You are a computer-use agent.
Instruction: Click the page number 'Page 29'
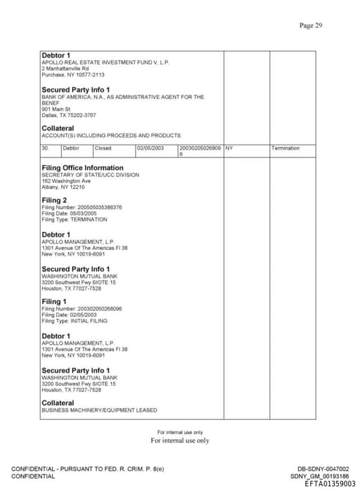(x=310, y=26)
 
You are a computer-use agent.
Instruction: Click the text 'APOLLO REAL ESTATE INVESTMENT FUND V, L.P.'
(x=105, y=63)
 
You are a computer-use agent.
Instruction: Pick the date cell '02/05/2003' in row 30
(x=150, y=148)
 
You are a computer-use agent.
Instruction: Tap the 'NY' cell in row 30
(x=229, y=148)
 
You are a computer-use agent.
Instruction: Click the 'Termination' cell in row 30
(x=285, y=148)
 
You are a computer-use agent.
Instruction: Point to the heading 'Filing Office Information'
(x=82, y=168)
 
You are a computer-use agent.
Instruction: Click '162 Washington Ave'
(x=66, y=181)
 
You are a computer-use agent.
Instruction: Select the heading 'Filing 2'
(x=54, y=201)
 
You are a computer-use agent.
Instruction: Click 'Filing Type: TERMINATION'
(x=75, y=219)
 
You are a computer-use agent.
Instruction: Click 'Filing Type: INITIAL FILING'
(x=75, y=320)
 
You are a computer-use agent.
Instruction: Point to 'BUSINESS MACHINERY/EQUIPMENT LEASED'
(x=99, y=410)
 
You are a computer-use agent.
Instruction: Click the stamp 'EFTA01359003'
(x=330, y=483)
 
